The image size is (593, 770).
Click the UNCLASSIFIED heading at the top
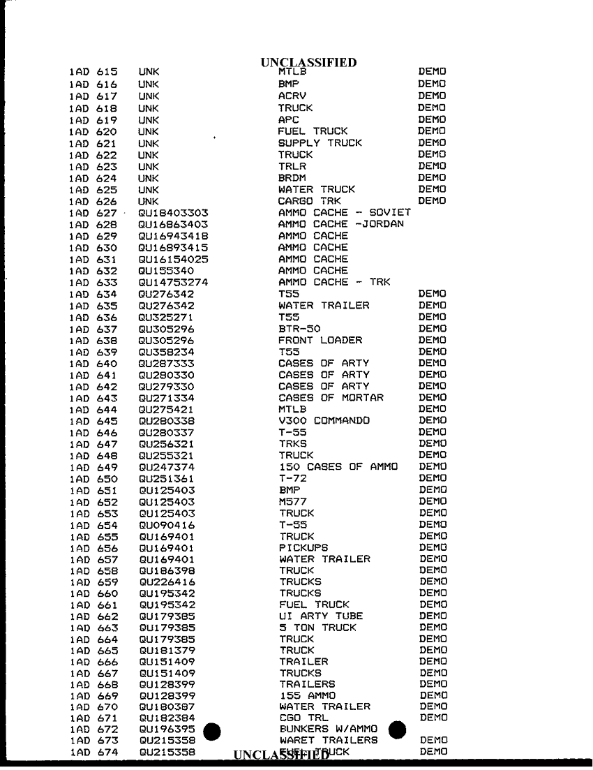pyautogui.click(x=308, y=63)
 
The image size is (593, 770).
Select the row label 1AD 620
pyautogui.click(x=93, y=131)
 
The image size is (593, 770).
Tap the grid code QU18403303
pyautogui.click(x=174, y=212)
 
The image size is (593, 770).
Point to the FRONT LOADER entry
pyautogui.click(x=320, y=340)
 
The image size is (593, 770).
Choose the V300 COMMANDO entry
pyautogui.click(x=324, y=420)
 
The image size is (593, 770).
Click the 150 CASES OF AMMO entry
pyautogui.click(x=338, y=466)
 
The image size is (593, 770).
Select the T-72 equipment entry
pyautogui.click(x=293, y=478)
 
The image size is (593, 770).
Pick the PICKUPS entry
pyautogui.click(x=303, y=547)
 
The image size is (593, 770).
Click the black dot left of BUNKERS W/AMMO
pyautogui.click(x=211, y=731)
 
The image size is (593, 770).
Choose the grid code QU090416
pyautogui.click(x=167, y=524)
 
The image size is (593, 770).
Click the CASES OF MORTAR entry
pyautogui.click(x=331, y=397)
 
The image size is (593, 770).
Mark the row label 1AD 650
pyautogui.click(x=93, y=478)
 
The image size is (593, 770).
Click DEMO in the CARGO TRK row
pyautogui.click(x=432, y=201)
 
